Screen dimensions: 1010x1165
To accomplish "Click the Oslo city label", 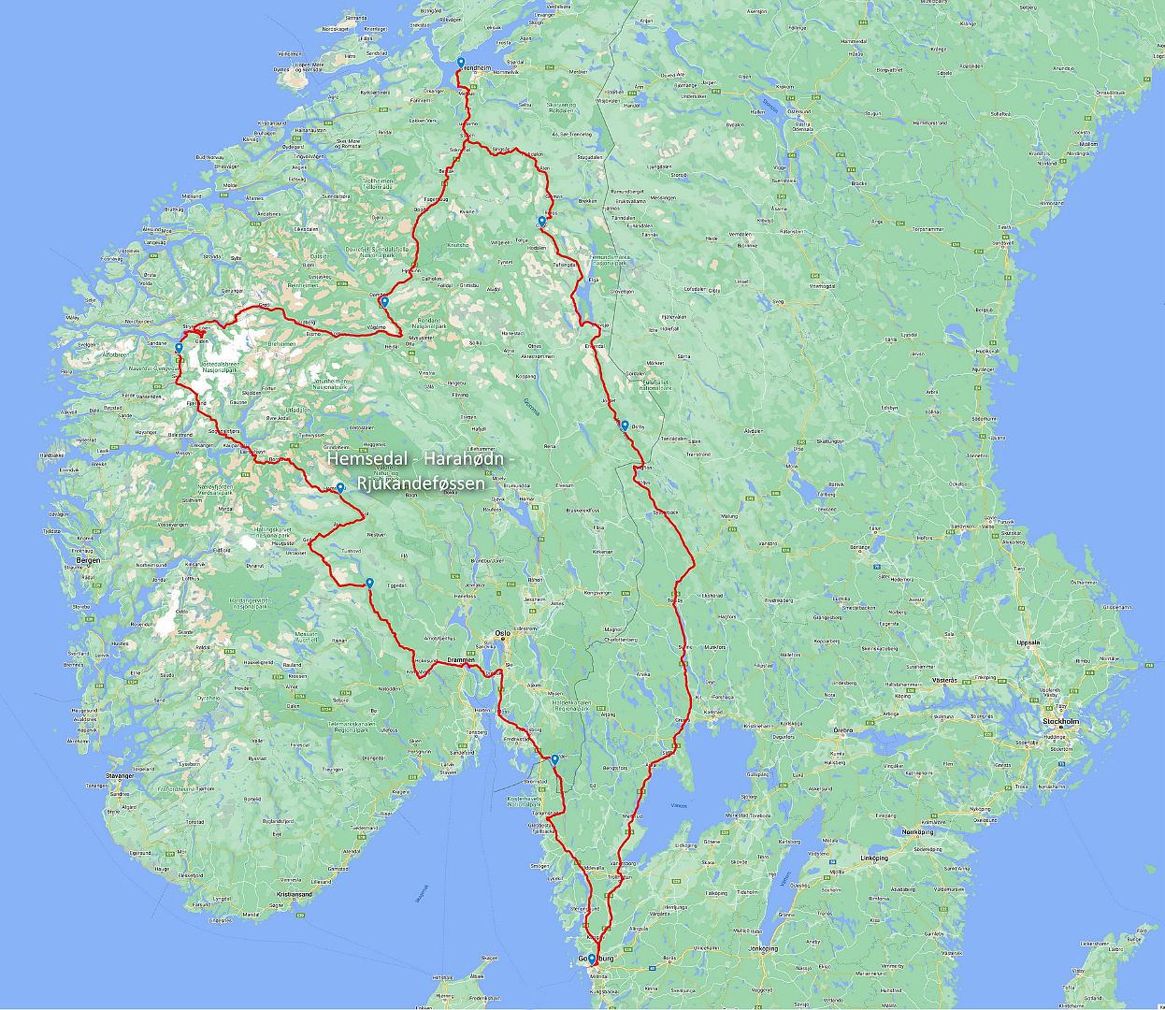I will pos(503,632).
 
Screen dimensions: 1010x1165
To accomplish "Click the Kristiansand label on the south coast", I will pos(293,894).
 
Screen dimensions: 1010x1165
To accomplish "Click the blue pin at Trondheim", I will pos(460,64).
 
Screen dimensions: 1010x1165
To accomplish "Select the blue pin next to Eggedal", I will pos(369,584).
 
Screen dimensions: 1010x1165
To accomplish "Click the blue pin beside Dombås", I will pos(384,302).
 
